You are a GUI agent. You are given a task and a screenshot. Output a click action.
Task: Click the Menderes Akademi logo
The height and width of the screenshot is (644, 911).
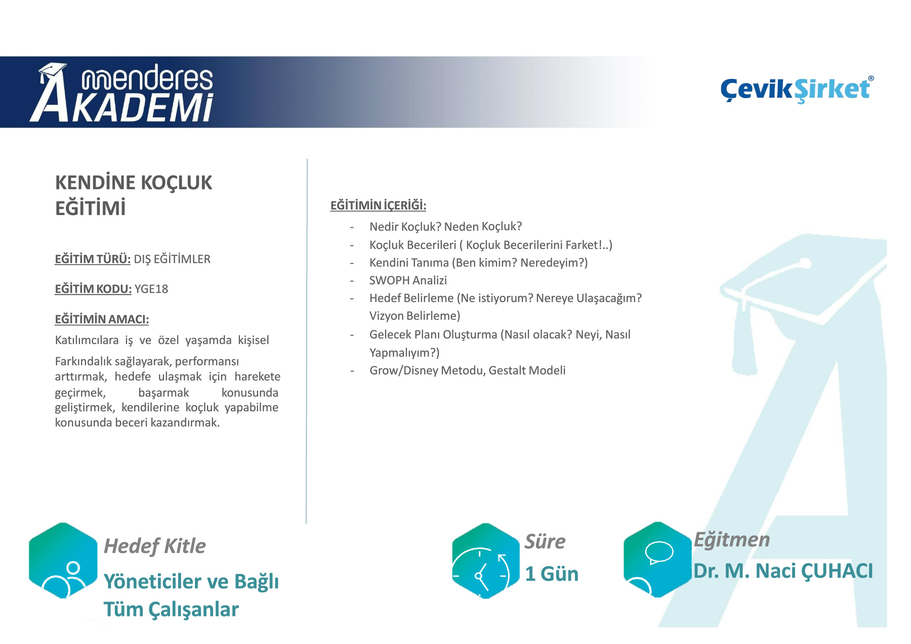[121, 93]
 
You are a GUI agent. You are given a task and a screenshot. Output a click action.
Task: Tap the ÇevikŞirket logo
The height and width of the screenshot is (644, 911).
[797, 89]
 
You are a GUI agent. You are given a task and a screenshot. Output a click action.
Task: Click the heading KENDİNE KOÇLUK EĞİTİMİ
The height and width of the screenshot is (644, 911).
[134, 195]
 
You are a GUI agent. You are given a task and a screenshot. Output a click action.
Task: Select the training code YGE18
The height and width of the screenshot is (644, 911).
[151, 289]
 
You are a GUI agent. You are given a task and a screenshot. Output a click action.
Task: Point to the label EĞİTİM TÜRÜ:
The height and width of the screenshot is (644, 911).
[93, 259]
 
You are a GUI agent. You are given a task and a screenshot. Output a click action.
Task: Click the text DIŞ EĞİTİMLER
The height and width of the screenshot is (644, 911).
[172, 259]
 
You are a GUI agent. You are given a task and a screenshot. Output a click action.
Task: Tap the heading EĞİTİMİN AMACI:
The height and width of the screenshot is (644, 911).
[102, 319]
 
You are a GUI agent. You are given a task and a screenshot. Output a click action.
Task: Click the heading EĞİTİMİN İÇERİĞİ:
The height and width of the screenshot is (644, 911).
[378, 205]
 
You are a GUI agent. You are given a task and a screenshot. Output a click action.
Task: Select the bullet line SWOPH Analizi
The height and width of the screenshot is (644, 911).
[408, 280]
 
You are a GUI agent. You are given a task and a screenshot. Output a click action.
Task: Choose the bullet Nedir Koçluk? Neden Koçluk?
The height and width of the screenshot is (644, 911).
[445, 227]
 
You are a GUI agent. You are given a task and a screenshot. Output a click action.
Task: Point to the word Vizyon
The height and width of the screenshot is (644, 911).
[386, 316]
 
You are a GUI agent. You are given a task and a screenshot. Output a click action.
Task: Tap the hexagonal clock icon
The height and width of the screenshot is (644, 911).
[486, 561]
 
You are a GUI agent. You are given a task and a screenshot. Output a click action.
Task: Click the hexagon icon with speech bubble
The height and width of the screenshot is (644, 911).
[657, 560]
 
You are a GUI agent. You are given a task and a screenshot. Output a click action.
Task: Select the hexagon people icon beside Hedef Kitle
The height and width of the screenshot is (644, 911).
[63, 561]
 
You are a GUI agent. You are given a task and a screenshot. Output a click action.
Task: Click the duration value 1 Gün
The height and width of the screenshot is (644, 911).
[552, 574]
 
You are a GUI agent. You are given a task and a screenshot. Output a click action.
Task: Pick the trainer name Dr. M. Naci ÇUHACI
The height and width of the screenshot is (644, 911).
[783, 571]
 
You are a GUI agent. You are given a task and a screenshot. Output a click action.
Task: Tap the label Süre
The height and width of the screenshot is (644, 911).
[545, 541]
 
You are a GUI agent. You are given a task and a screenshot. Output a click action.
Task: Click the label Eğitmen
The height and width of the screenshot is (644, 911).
[732, 540]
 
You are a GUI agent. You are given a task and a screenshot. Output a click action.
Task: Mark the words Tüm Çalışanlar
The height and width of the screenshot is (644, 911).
[171, 610]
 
